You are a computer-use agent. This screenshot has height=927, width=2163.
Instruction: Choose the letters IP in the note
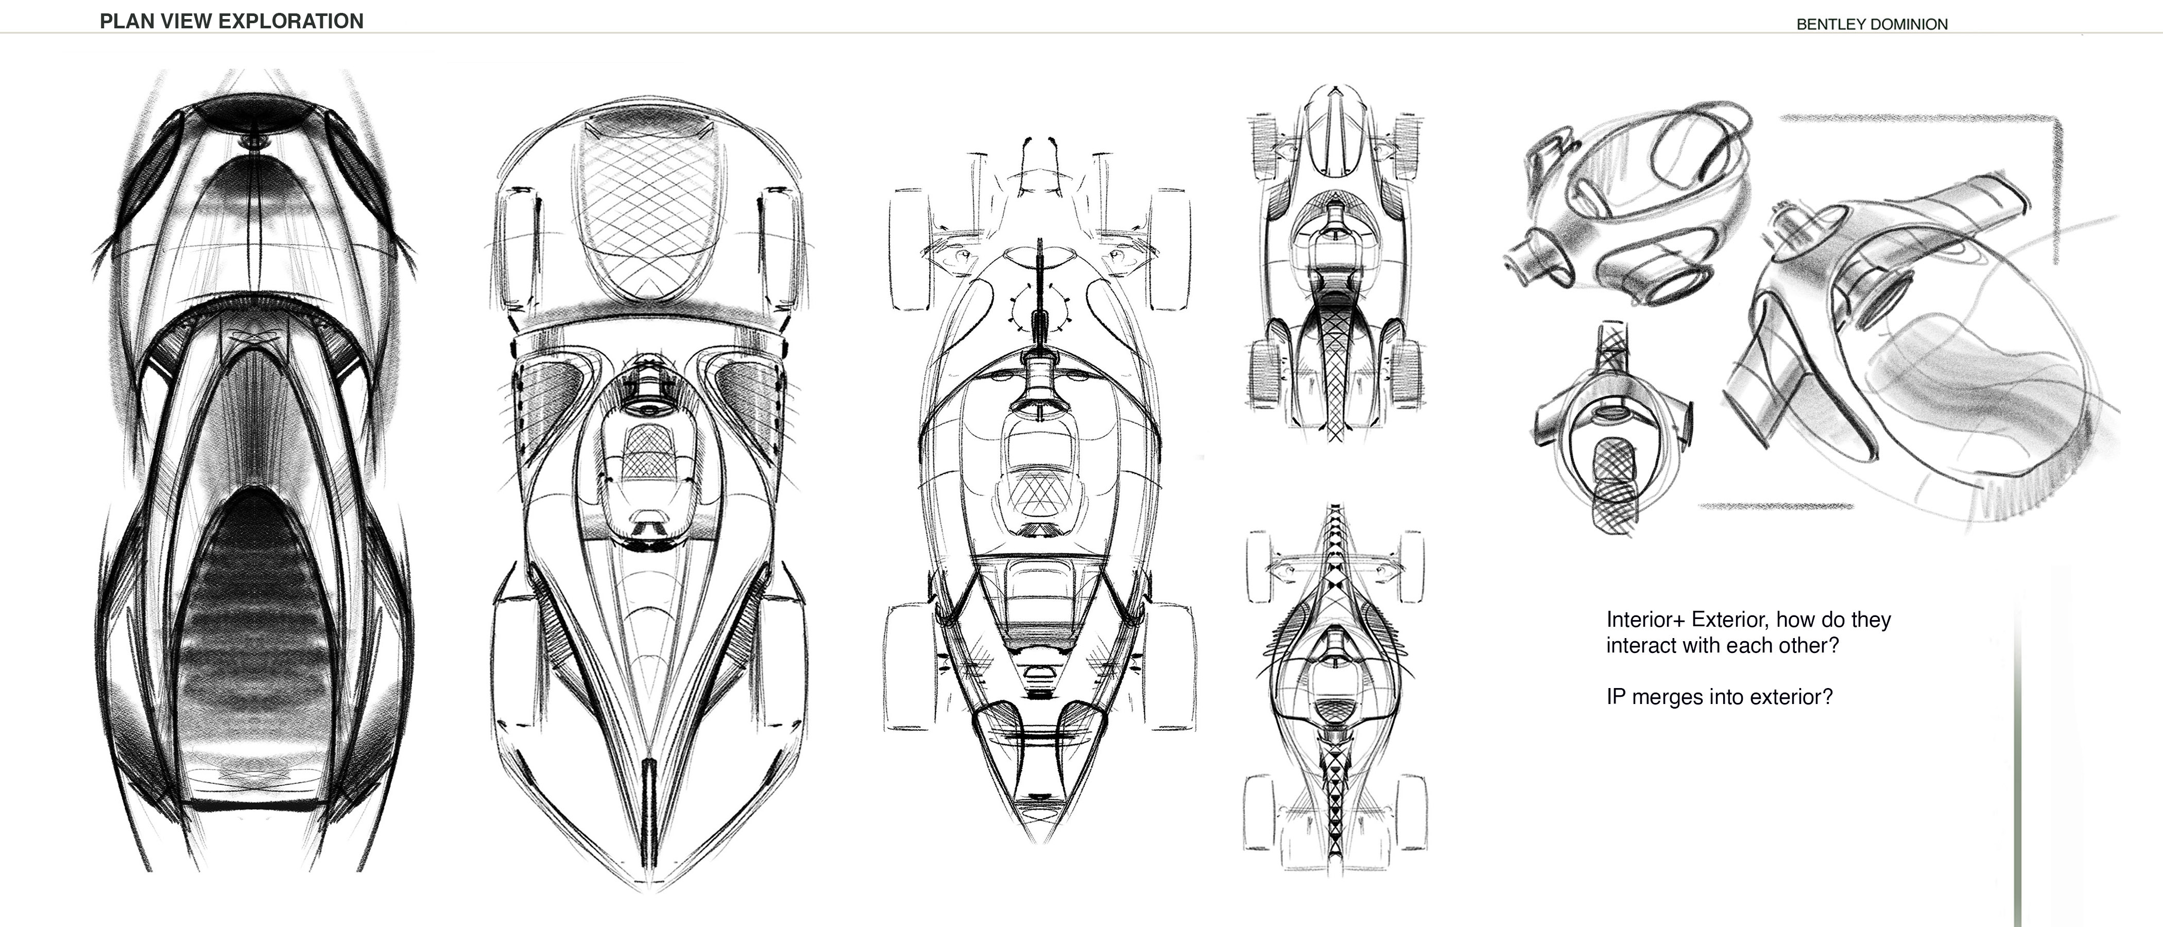(1617, 697)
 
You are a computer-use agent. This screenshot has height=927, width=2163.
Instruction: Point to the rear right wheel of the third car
(1171, 663)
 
